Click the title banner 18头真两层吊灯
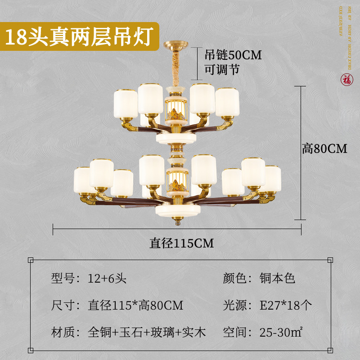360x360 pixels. point(80,36)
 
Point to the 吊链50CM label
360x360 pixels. point(233,55)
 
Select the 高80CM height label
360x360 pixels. point(324,148)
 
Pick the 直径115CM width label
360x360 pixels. point(182,243)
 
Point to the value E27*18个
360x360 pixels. point(286,306)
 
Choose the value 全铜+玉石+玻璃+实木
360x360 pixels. point(146,333)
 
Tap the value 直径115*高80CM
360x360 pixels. point(135,306)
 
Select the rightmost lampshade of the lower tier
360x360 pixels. point(272,179)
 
